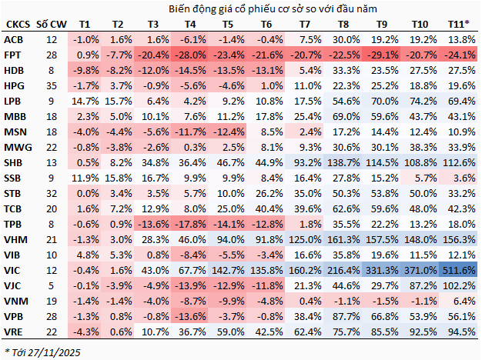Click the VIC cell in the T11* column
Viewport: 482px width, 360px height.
tap(460, 270)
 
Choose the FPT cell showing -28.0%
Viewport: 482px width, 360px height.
tap(189, 55)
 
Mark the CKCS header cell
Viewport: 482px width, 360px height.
tap(15, 25)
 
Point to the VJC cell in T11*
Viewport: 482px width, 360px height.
tap(460, 285)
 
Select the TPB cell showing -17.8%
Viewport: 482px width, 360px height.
tap(189, 224)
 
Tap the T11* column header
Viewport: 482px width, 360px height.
tap(460, 25)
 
